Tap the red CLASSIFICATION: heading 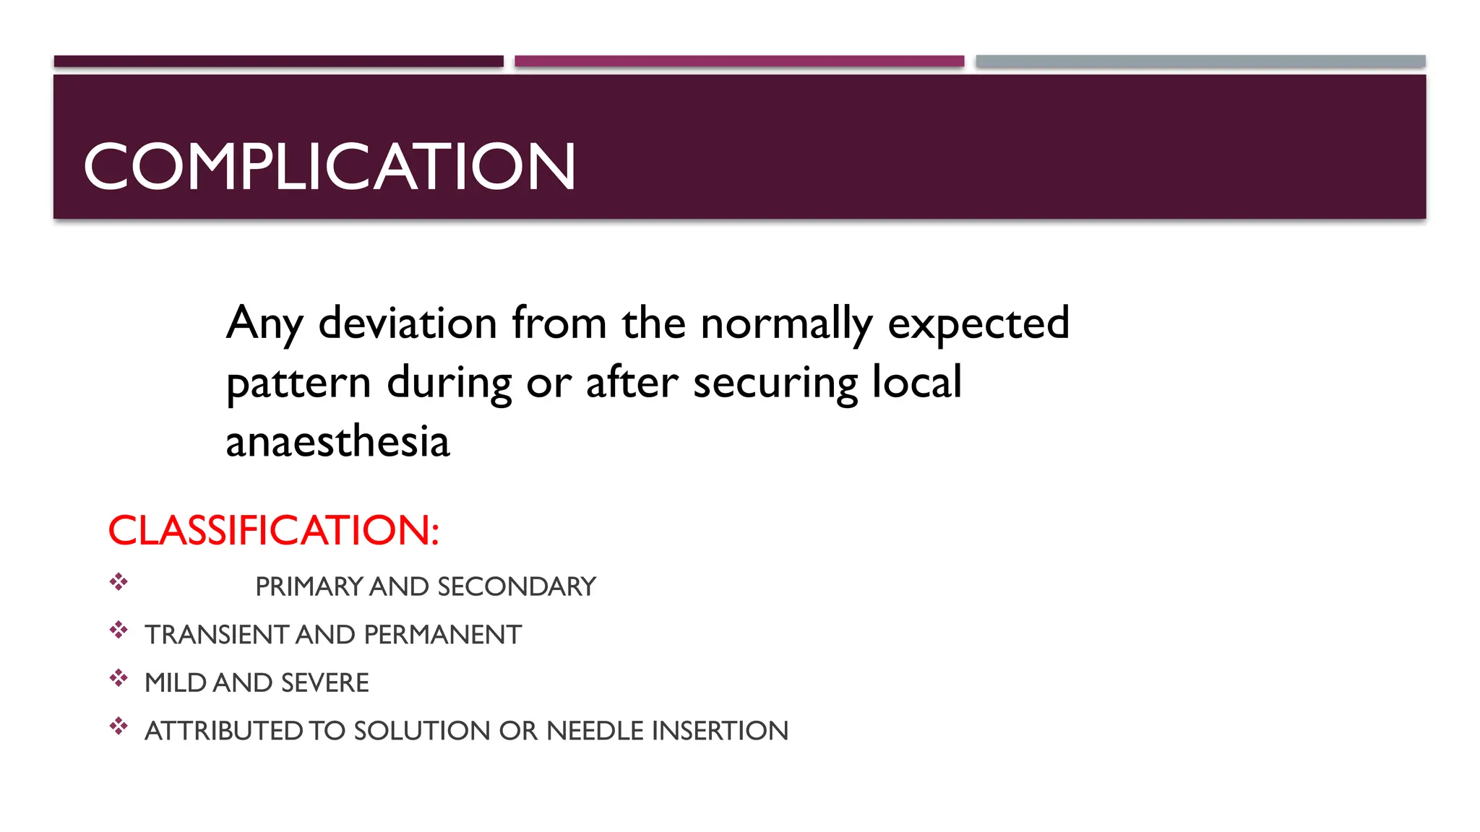pos(273,530)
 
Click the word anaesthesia pos(337,441)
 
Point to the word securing pos(775,383)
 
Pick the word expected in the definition pos(978,324)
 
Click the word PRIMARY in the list pos(309,586)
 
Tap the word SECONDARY pos(517,586)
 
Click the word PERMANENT pos(442,635)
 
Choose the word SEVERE pos(324,682)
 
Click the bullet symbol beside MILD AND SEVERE pos(119,678)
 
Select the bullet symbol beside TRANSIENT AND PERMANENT pos(119,630)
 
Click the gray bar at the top pos(1200,61)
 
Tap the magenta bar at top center pos(739,61)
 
